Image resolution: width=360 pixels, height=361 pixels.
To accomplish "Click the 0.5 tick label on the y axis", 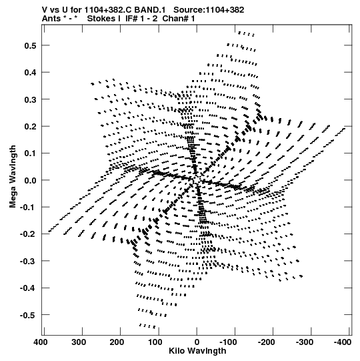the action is click(30, 45).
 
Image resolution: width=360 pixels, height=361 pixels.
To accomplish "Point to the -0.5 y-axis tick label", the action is click(28, 315).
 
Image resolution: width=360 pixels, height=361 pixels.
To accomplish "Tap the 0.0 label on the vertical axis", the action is click(30, 180).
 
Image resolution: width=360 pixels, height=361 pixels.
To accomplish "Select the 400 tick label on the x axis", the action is click(41, 342).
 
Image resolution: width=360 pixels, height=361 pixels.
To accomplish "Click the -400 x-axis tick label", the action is click(343, 342).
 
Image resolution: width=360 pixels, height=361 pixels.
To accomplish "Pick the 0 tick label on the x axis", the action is click(197, 342).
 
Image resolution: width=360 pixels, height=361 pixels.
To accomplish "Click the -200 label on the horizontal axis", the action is click(266, 342).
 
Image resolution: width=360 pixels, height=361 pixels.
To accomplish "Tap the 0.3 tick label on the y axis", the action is click(30, 99).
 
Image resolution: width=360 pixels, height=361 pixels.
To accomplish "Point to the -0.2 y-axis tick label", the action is click(28, 234).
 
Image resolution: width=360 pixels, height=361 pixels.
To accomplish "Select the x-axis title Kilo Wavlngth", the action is click(197, 351).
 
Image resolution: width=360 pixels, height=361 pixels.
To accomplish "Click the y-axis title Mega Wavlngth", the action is click(13, 177).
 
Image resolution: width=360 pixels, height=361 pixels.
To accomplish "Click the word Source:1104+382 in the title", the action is click(209, 10).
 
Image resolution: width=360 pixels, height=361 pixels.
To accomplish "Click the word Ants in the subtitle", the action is click(51, 19).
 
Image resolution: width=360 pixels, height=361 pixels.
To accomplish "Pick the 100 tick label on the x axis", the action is click(155, 342).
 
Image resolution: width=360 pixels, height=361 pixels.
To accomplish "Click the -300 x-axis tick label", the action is click(304, 342).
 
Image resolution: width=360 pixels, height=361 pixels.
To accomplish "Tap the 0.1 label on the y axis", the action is click(30, 153).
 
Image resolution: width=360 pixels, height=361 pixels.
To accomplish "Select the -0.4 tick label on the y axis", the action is click(28, 288).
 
